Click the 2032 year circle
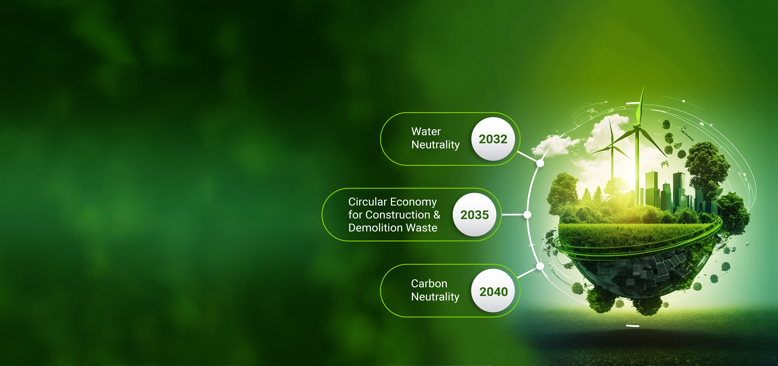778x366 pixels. click(493, 139)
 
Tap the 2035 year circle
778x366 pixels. click(474, 215)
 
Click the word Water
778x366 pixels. click(426, 132)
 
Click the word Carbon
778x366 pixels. click(429, 284)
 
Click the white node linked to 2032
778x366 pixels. click(540, 163)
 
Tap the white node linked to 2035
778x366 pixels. click(527, 215)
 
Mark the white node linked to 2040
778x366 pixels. click(540, 266)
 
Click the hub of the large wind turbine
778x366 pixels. click(637, 125)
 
